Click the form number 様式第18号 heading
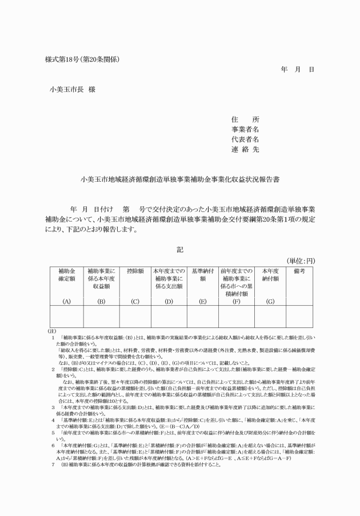81,59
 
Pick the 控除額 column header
135,270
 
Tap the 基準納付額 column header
202,274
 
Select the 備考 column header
299,270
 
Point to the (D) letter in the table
169,300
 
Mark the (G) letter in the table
270,300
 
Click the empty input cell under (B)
101,317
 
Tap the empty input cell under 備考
299,317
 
